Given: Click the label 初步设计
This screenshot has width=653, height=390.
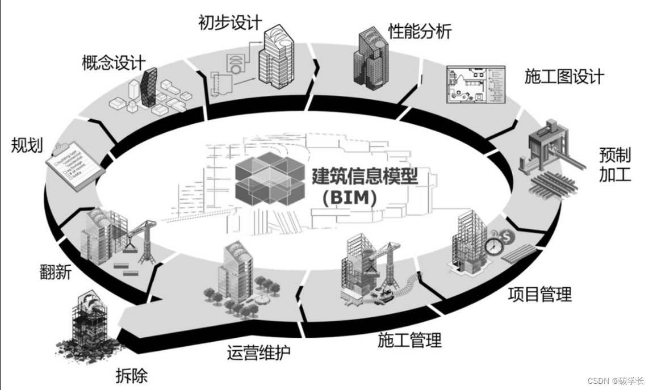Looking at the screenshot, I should [x=230, y=23].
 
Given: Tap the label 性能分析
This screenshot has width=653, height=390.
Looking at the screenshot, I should [x=420, y=31].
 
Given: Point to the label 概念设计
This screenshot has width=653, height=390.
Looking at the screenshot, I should [x=114, y=62].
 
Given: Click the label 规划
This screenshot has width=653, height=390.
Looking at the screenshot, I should [x=27, y=145].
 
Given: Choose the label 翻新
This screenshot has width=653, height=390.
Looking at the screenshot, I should [x=56, y=272].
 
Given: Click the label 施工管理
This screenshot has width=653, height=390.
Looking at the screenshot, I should [x=409, y=341].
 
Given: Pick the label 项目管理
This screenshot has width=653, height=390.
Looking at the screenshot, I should [x=539, y=294].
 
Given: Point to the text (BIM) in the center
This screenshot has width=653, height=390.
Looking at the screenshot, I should [x=349, y=199].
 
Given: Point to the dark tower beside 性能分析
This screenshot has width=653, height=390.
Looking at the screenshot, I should [x=369, y=57].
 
